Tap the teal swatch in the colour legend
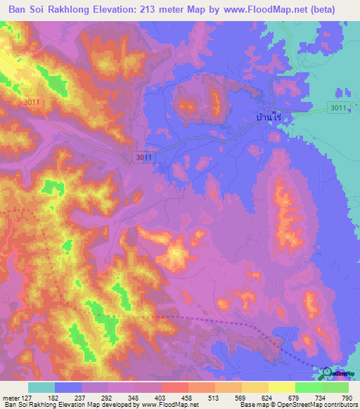[x=41, y=387]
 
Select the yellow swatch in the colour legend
[x=281, y=387]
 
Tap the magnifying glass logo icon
[x=328, y=372]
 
